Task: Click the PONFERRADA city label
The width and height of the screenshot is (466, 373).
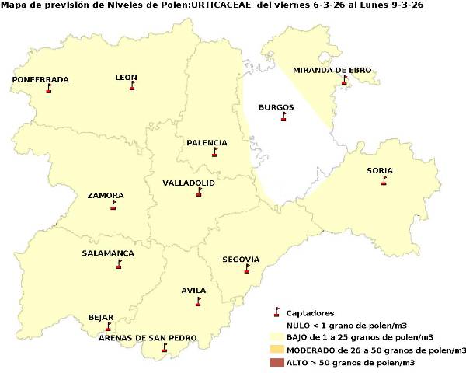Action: pyautogui.click(x=40, y=80)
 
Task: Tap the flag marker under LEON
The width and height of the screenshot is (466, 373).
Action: pyautogui.click(x=132, y=86)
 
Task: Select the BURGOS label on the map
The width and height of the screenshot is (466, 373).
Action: pyautogui.click(x=276, y=107)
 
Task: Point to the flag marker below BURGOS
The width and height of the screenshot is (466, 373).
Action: pyautogui.click(x=283, y=117)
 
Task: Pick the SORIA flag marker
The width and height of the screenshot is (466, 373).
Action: pyautogui.click(x=384, y=181)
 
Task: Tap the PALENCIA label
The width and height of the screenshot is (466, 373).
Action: pyautogui.click(x=207, y=143)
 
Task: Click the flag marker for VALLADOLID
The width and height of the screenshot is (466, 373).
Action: pyautogui.click(x=199, y=192)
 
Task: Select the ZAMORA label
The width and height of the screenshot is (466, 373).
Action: pyautogui.click(x=106, y=196)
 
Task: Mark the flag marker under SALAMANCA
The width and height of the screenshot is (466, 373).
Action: pyautogui.click(x=119, y=264)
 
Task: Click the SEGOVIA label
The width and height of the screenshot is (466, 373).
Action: pyautogui.click(x=241, y=260)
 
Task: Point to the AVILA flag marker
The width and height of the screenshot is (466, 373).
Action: pyautogui.click(x=198, y=302)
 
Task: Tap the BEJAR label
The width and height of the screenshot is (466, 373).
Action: pyautogui.click(x=101, y=318)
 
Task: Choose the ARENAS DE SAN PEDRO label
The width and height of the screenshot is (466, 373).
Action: pyautogui.click(x=148, y=338)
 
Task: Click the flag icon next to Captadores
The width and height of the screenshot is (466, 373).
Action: pyautogui.click(x=276, y=312)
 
